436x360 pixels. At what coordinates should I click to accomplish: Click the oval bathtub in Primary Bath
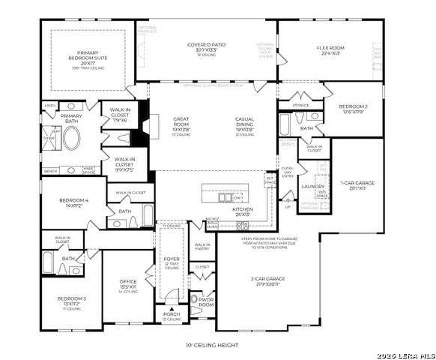click(x=73, y=139)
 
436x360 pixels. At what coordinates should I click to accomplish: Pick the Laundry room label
click(x=312, y=186)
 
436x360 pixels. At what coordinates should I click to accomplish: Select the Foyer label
click(x=172, y=260)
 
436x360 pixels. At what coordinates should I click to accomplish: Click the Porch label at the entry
click(x=172, y=317)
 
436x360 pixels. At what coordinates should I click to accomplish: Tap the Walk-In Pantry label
click(x=202, y=247)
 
